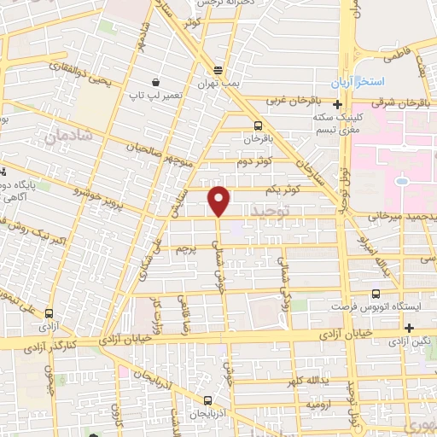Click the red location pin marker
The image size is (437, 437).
point(219,201)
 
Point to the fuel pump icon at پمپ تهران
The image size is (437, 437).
point(218,70)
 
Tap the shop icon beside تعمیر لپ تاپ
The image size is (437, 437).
point(156,82)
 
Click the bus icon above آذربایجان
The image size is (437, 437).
point(207,399)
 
